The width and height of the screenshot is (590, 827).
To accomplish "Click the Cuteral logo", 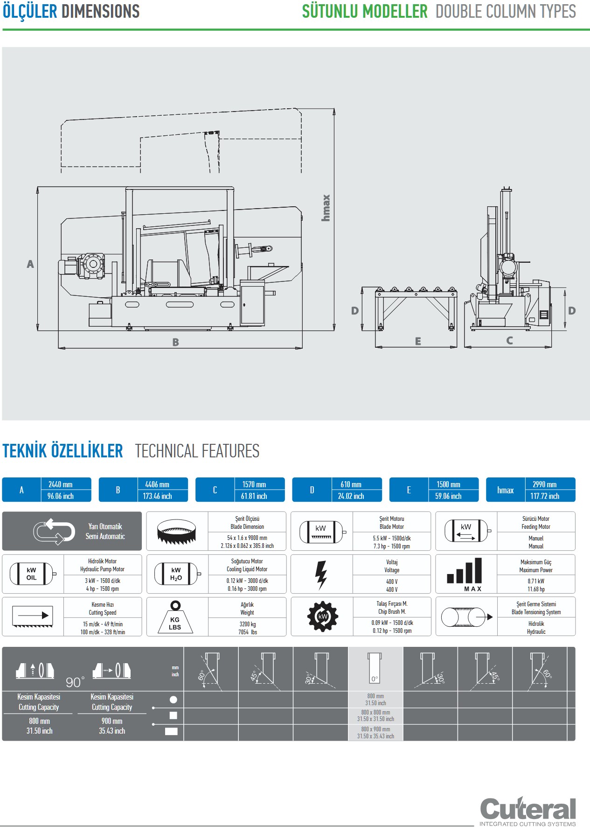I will [x=528, y=810].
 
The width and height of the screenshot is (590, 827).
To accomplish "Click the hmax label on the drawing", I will [x=326, y=208].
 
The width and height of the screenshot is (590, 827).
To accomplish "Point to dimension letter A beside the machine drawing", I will [x=30, y=264].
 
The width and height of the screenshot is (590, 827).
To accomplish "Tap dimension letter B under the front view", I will [x=175, y=342].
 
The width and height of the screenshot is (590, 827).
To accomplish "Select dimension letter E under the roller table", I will [x=418, y=342].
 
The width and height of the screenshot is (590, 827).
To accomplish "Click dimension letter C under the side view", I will [x=509, y=341].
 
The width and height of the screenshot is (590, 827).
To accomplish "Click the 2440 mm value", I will [x=61, y=484].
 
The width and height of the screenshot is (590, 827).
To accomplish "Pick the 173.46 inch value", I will [x=157, y=496].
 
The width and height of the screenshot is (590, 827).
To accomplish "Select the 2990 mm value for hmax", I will [x=544, y=484].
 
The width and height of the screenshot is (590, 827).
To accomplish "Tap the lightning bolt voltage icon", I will [x=321, y=574].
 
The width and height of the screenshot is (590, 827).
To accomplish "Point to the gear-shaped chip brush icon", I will [x=322, y=617].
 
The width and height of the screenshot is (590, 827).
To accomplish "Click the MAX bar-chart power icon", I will [x=465, y=574].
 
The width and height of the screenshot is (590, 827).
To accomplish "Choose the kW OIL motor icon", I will [x=32, y=574].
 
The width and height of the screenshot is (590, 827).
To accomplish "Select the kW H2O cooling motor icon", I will [x=176, y=574].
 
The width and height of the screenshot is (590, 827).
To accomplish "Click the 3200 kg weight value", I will [x=247, y=624].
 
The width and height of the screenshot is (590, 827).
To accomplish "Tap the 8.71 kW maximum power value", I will [x=536, y=581].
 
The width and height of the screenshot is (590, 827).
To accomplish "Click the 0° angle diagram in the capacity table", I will [x=375, y=669].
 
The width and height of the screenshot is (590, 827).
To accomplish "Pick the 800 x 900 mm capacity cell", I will [x=375, y=732].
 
